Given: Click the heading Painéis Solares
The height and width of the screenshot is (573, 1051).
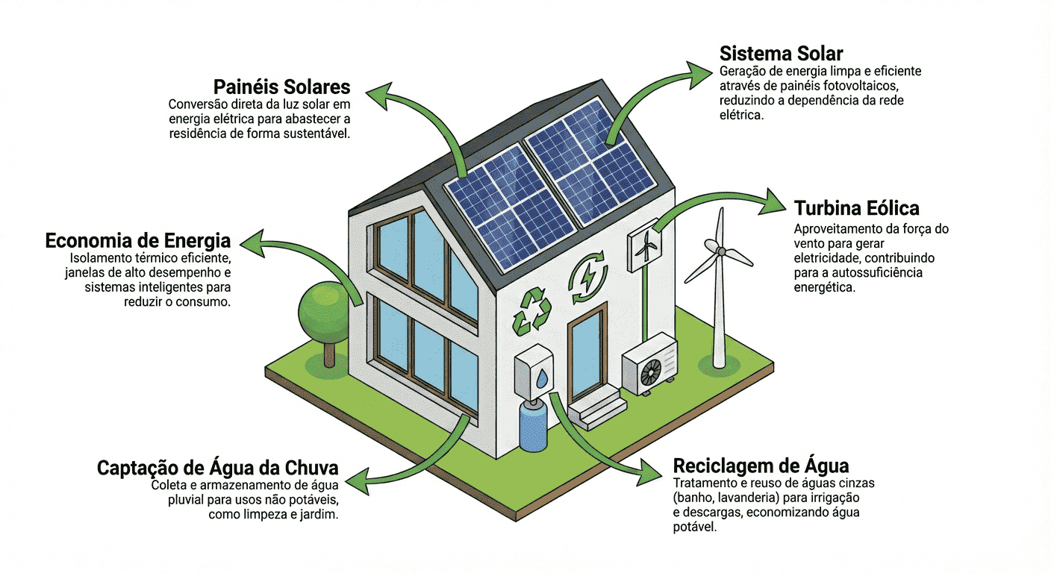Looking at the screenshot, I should coord(281,87).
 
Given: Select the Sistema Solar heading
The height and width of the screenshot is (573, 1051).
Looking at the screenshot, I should coord(781,54).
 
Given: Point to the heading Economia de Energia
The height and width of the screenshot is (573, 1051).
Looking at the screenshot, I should coord(138,241).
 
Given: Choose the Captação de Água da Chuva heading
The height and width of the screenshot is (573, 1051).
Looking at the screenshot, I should coord(218,469).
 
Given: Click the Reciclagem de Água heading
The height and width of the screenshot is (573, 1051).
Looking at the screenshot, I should coord(761,466).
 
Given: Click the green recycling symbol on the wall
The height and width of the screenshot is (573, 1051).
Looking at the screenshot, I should coord(531,310).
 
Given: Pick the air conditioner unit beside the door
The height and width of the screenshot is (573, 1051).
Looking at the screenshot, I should coord(649,366).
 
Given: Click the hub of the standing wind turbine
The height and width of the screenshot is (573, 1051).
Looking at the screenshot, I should coord(721,252).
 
